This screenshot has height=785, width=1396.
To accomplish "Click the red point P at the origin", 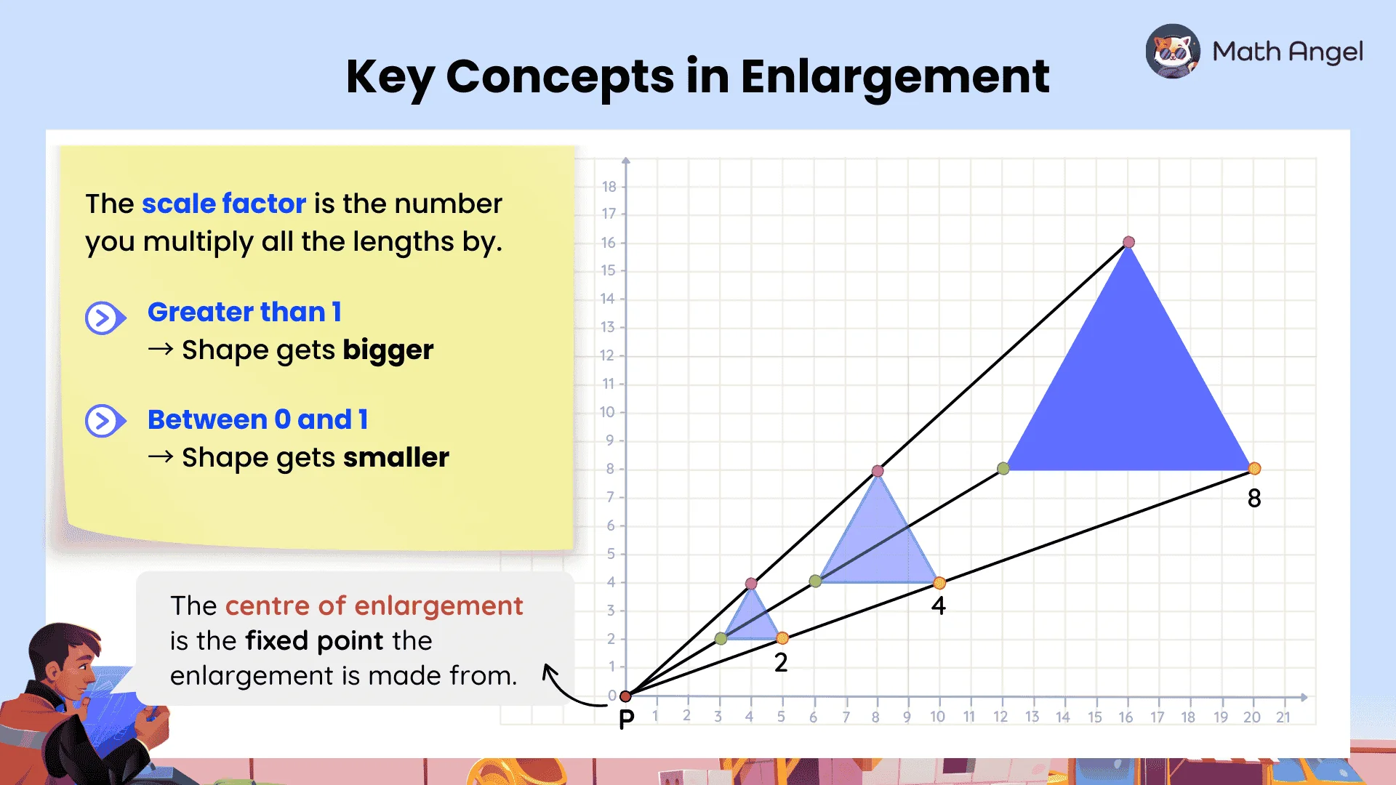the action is coord(625,696).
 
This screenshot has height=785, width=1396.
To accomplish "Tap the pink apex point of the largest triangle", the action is coord(1128,242).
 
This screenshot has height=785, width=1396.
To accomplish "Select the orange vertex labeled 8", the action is coord(1254,469).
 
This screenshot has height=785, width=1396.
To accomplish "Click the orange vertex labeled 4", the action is coord(939,582).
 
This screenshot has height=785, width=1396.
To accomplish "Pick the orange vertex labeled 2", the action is coord(782,638).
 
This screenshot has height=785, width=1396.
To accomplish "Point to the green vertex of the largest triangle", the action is coord(1003,469).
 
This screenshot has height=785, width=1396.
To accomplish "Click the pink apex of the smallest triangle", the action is coord(751,583).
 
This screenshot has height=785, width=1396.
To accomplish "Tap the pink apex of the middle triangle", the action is coord(878,471).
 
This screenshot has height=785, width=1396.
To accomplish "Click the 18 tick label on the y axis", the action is coord(609,187).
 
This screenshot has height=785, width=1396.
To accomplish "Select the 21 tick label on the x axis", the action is coord(1283,717).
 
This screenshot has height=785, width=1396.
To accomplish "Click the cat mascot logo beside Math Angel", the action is coord(1173,51).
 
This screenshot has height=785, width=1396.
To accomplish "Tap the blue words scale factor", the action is coord(224,204).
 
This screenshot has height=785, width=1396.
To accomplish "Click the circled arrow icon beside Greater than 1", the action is coord(105,318).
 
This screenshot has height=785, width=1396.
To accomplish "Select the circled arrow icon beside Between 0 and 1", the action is coord(105,421).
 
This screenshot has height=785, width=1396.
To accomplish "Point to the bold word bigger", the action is coord(388,351).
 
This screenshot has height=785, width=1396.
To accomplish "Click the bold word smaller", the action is coord(396,457).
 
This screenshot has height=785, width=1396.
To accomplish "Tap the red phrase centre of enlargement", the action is coord(374,605).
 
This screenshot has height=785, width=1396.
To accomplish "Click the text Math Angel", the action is coord(1288,52).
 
